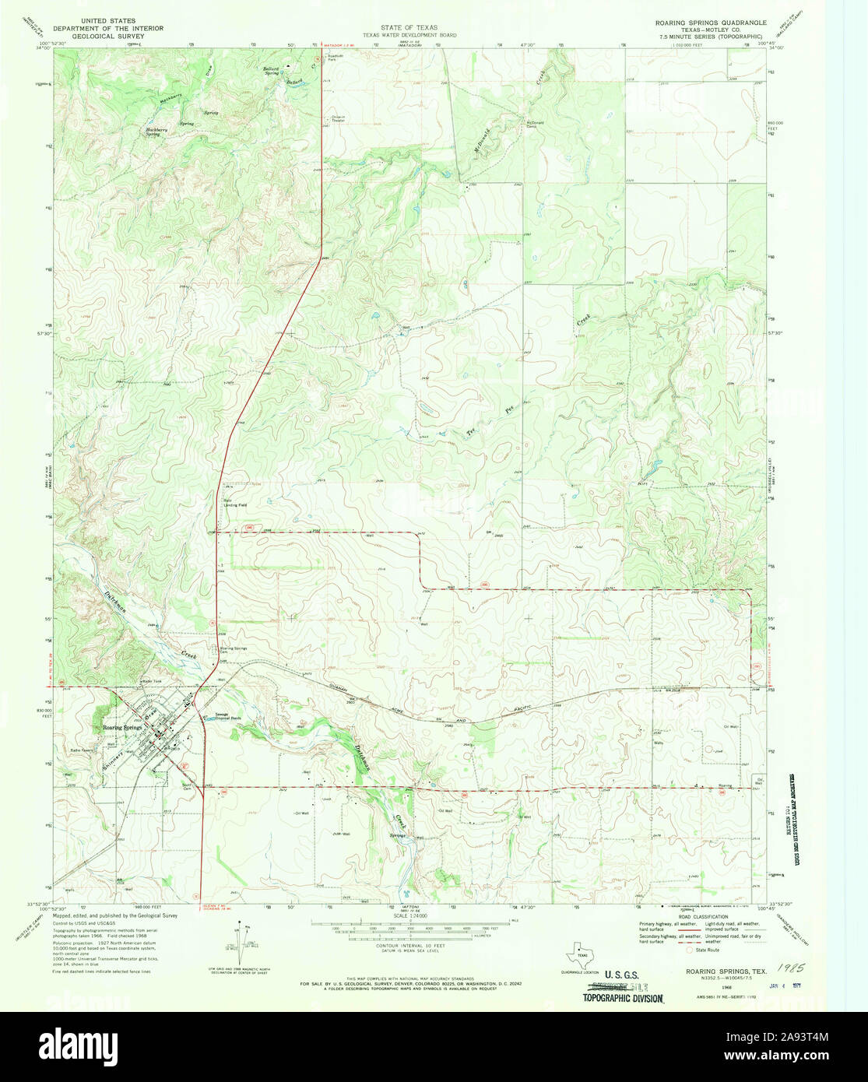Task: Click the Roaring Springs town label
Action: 121,727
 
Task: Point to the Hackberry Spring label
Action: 156,132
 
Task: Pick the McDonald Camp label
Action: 534,123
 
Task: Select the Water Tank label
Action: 151,681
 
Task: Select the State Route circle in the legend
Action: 687,950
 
